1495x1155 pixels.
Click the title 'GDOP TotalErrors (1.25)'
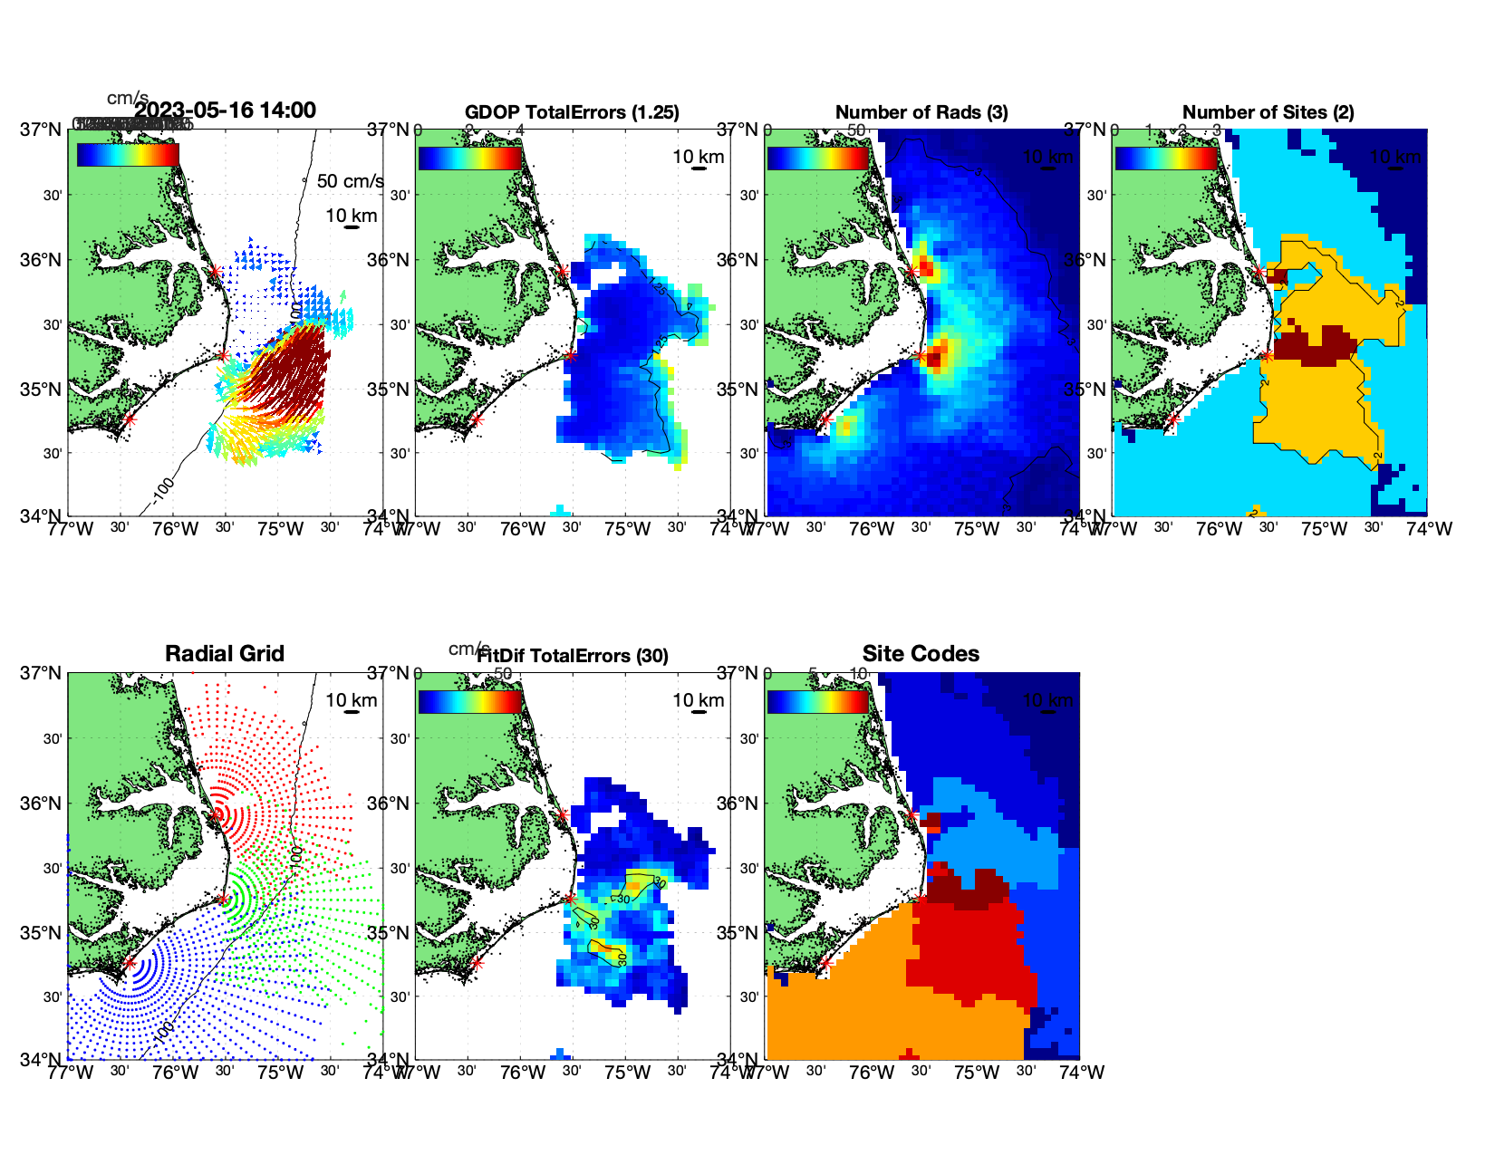pyautogui.click(x=572, y=112)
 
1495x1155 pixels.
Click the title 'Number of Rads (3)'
pyautogui.click(x=921, y=112)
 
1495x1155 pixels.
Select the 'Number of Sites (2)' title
pyautogui.click(x=1268, y=112)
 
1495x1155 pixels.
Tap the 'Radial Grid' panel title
pyautogui.click(x=225, y=654)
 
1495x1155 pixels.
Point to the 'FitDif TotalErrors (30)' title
pyautogui.click(x=573, y=656)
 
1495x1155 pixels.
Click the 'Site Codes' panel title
pyautogui.click(x=921, y=654)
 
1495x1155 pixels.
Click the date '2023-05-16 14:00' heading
pyautogui.click(x=225, y=111)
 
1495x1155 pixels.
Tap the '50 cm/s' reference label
pyautogui.click(x=350, y=181)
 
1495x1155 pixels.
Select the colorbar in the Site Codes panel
pyautogui.click(x=818, y=702)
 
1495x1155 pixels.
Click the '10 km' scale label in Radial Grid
pyautogui.click(x=351, y=700)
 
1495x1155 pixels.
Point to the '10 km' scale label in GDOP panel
pyautogui.click(x=698, y=157)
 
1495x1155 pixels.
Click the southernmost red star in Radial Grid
pyautogui.click(x=129, y=963)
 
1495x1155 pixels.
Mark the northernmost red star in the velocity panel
pyautogui.click(x=215, y=271)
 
